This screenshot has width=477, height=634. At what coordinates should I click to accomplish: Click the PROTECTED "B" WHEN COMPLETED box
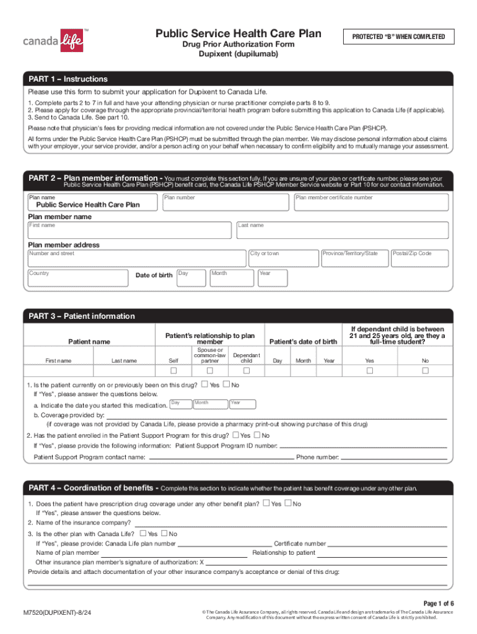398,37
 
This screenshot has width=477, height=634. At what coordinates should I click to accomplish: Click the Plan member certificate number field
370,203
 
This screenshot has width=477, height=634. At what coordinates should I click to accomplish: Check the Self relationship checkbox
174,371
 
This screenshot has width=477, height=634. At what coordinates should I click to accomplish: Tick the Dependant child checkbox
247,371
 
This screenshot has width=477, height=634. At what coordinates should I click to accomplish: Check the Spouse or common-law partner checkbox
210,371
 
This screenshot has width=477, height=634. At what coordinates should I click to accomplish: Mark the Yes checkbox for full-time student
370,371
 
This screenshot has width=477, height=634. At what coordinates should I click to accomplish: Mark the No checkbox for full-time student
426,371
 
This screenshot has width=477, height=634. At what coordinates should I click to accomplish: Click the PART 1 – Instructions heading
68,79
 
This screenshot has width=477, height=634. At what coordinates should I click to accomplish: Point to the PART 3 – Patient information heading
82,316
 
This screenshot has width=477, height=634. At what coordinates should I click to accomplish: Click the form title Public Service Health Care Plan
239,33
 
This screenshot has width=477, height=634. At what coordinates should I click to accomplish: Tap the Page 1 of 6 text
439,603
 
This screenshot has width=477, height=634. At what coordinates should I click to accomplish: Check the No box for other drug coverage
287,503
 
